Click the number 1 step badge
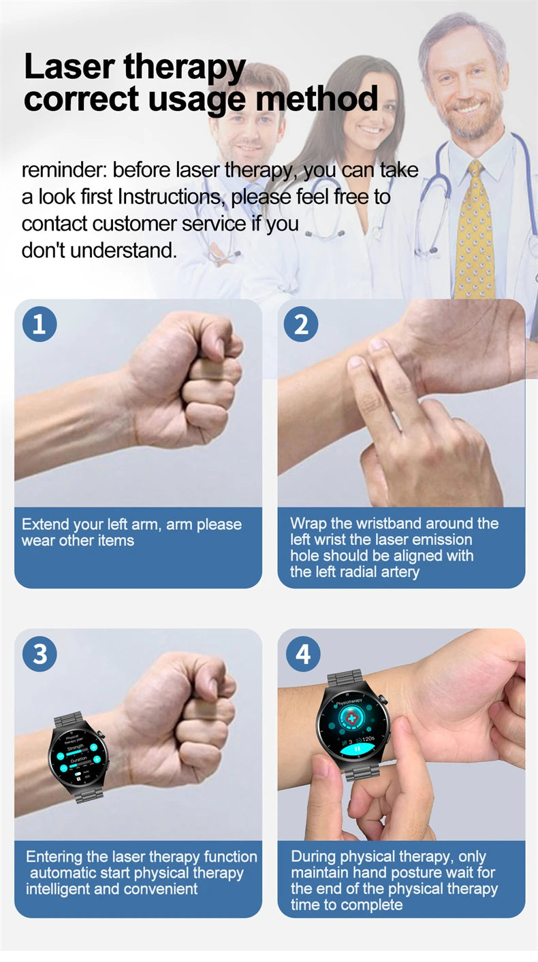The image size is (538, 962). (39, 324)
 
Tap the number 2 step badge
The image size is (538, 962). (301, 324)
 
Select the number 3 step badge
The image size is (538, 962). (39, 654)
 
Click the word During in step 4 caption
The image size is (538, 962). (313, 857)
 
